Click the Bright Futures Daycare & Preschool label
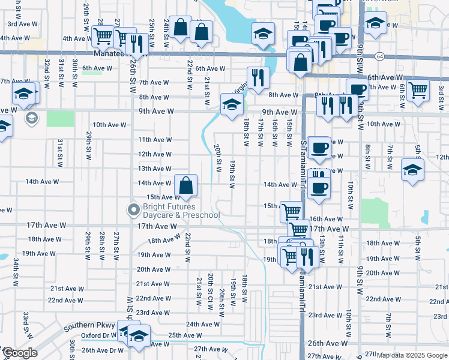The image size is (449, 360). pyautogui.click(x=181, y=211)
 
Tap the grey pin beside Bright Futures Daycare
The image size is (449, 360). pyautogui.click(x=133, y=210)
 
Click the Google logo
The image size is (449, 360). pyautogui.click(x=19, y=353)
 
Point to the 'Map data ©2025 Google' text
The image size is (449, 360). pyautogui.click(x=412, y=355)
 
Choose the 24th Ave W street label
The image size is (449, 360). pyautogui.click(x=200, y=324)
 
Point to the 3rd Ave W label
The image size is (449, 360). pyautogui.click(x=20, y=24)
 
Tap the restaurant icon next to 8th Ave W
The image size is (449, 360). pyautogui.click(x=258, y=77)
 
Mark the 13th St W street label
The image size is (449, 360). pyautogui.click(x=322, y=246)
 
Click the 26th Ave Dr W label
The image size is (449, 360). pyautogui.click(x=103, y=350)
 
